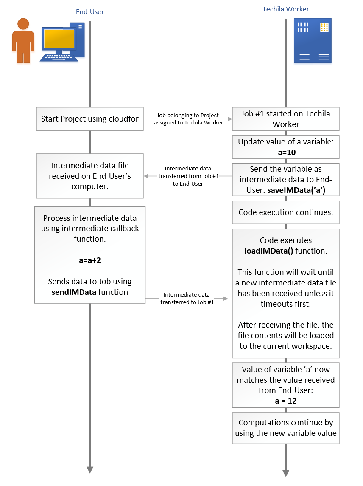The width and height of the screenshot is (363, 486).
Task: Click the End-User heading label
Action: (x=90, y=12)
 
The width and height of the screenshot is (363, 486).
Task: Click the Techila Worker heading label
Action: (x=286, y=9)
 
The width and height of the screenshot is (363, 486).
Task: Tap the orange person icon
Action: (x=23, y=41)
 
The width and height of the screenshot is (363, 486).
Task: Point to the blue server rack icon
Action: (x=313, y=41)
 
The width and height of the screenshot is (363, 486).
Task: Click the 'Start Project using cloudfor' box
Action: (x=90, y=119)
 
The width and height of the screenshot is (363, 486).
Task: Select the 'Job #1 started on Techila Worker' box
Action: (x=286, y=119)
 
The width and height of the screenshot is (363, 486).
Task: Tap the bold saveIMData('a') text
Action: (x=296, y=190)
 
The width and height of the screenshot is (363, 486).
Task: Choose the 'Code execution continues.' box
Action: (x=286, y=212)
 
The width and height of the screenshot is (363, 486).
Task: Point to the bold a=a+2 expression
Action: (x=89, y=260)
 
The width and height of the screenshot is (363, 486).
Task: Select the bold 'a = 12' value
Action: (x=286, y=401)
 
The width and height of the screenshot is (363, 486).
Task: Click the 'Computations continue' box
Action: (x=286, y=428)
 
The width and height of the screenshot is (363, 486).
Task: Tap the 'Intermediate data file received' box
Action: (x=90, y=176)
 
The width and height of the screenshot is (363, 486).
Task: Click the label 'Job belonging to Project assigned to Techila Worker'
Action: (x=188, y=119)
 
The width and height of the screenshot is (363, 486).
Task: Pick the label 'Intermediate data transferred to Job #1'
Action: (x=187, y=298)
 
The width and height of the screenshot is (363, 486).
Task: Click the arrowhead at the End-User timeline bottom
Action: (x=90, y=469)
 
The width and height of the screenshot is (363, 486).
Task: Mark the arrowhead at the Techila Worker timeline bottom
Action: (x=286, y=473)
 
